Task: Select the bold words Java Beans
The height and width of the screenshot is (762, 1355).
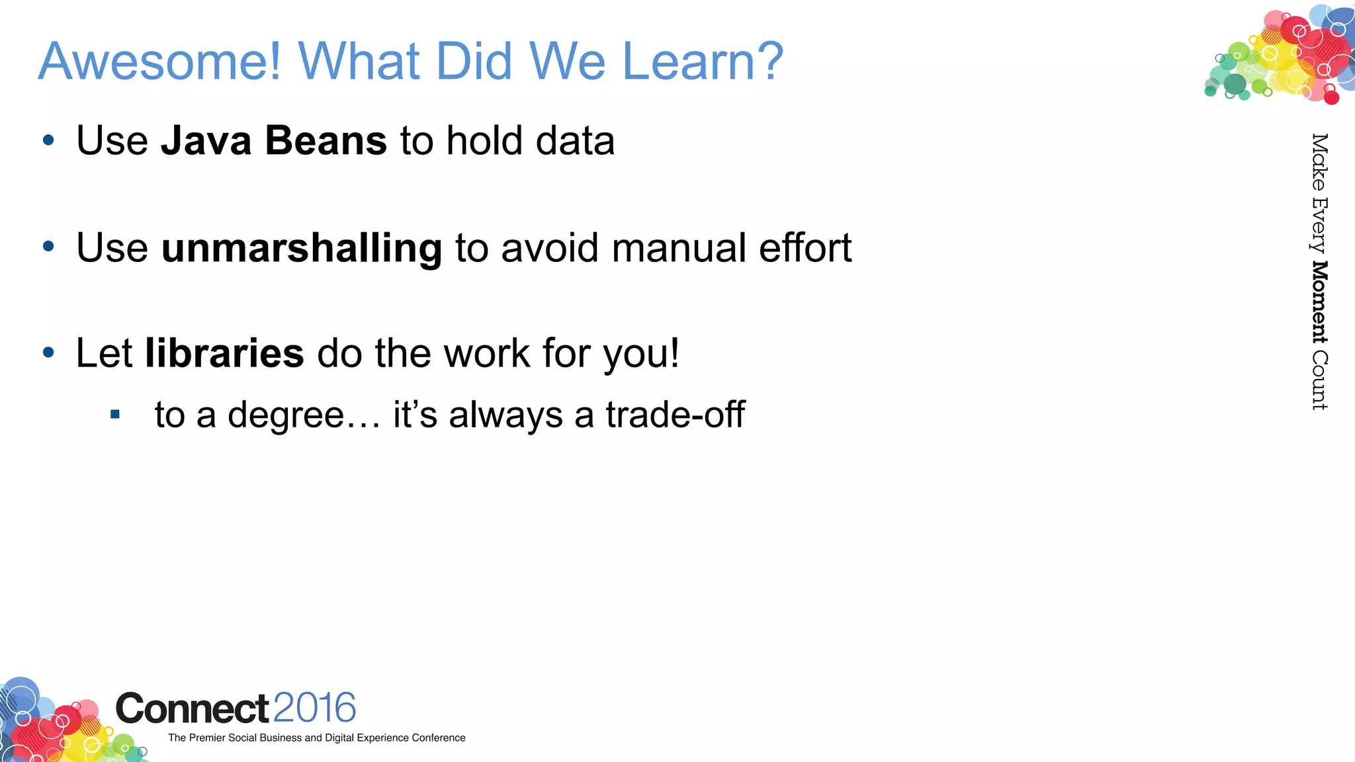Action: (273, 141)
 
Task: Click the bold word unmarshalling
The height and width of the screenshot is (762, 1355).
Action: (302, 248)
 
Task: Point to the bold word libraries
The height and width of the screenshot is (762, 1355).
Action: (224, 353)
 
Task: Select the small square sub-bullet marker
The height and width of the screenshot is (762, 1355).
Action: (115, 415)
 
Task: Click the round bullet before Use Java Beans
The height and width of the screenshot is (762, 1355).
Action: (48, 140)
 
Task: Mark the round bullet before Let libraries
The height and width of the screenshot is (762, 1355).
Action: (48, 353)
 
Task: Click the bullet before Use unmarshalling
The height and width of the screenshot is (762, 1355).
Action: (48, 247)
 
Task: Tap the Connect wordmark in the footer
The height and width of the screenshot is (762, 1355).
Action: (192, 708)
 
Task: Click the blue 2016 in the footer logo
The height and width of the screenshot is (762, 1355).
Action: (314, 708)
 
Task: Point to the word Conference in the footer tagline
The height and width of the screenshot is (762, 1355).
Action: (438, 738)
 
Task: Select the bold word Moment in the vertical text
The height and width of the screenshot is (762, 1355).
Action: (1319, 302)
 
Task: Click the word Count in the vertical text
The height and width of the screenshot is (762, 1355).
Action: (1319, 380)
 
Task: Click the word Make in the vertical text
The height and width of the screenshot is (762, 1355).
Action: (1319, 162)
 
